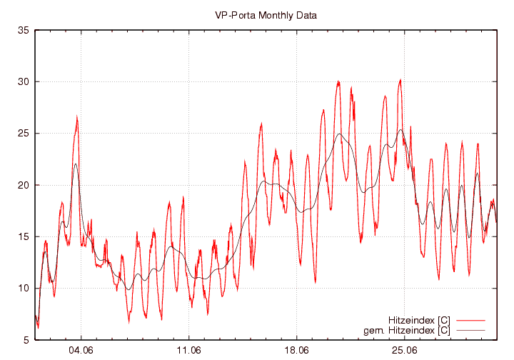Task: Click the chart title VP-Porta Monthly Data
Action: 266,14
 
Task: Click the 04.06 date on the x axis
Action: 81,351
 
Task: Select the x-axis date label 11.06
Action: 188,351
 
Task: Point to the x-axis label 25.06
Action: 404,351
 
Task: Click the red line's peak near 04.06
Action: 77,117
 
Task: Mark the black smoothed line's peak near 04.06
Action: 76,164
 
